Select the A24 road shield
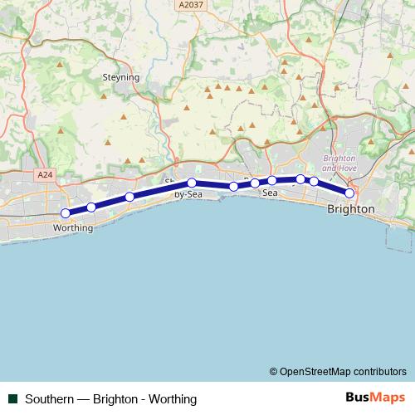[45, 175]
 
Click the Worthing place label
[72, 227]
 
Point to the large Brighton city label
[351, 209]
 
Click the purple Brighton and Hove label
[339, 163]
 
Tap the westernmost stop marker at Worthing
[66, 213]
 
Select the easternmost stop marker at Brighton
[349, 193]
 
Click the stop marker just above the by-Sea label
[191, 183]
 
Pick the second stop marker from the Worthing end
[91, 207]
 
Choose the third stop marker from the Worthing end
[129, 197]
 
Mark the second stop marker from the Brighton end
[314, 181]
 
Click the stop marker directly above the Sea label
[272, 181]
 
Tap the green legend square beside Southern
[12, 398]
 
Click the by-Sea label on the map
[188, 194]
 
